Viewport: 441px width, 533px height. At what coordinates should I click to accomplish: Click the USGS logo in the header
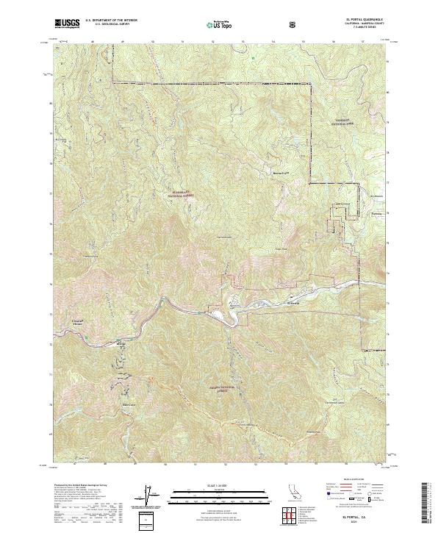tap(67, 24)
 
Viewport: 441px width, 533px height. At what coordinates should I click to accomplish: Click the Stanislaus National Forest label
tap(181, 194)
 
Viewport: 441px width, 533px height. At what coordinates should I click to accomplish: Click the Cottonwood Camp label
tap(334, 402)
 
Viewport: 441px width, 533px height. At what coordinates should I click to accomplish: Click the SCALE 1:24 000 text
tap(220, 482)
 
